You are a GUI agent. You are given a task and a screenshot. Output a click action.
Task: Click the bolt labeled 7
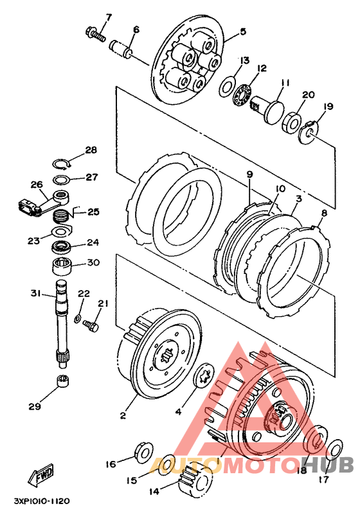click(x=96, y=35)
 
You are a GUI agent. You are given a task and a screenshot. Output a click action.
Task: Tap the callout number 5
click(x=243, y=32)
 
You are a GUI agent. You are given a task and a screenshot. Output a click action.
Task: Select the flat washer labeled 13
click(x=228, y=86)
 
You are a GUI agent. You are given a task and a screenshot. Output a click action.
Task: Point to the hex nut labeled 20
click(x=292, y=122)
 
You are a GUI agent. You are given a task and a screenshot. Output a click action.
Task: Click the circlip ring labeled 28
click(x=61, y=164)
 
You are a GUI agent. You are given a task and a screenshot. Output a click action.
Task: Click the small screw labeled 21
click(x=91, y=325)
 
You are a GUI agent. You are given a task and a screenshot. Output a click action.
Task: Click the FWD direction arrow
click(x=40, y=475)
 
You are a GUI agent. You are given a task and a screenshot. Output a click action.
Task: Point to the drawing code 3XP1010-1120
click(x=42, y=501)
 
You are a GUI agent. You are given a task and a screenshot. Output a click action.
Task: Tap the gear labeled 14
click(x=195, y=482)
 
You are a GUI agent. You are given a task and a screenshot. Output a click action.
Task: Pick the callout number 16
click(x=111, y=464)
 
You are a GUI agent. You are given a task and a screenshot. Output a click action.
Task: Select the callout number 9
click(x=249, y=174)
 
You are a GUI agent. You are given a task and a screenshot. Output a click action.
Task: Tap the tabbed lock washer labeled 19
click(x=309, y=132)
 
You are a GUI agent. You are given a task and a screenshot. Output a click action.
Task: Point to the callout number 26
click(x=37, y=185)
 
